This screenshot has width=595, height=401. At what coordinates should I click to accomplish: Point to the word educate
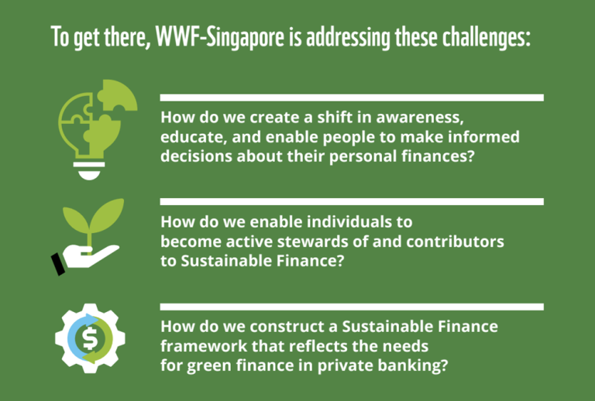click(191, 137)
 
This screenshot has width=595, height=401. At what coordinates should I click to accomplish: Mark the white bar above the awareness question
click(352, 98)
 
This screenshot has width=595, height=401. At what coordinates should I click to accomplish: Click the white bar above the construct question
click(352, 307)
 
